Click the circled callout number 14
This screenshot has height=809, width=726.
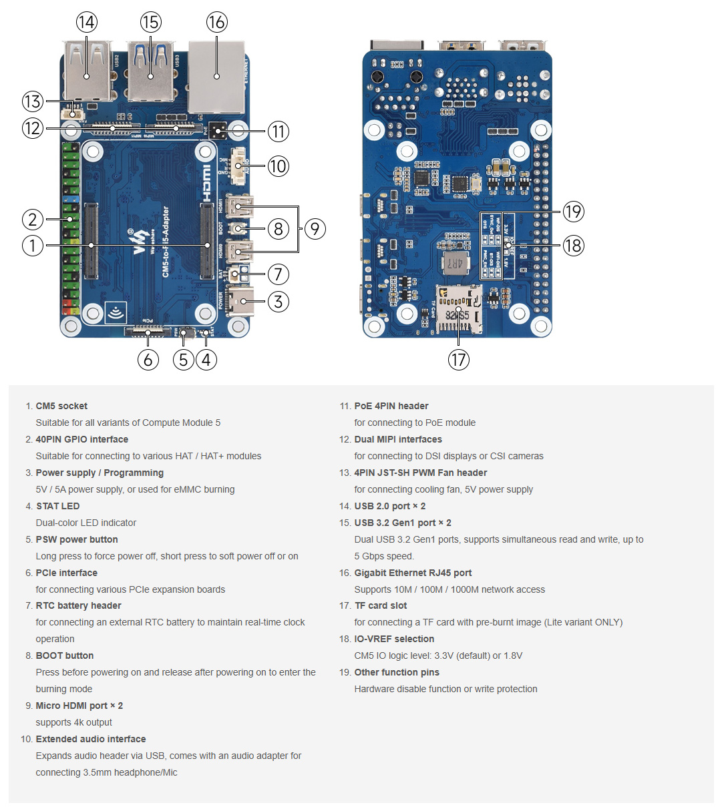pyautogui.click(x=86, y=23)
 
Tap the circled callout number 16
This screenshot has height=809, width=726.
pyautogui.click(x=216, y=23)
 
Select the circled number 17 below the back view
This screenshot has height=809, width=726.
pyautogui.click(x=458, y=360)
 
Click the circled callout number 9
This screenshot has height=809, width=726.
pyautogui.click(x=315, y=229)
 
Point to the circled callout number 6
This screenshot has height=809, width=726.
pyautogui.click(x=148, y=360)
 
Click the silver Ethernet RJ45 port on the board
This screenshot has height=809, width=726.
pyautogui.click(x=216, y=77)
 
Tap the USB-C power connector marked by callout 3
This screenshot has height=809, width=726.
pyautogui.click(x=239, y=302)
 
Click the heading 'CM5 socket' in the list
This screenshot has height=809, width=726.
pyautogui.click(x=61, y=406)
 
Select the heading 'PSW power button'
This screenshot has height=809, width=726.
pyautogui.click(x=77, y=539)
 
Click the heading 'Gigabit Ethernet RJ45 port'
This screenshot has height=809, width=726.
pyautogui.click(x=413, y=573)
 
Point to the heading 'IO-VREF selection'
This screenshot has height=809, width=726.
pyautogui.click(x=394, y=639)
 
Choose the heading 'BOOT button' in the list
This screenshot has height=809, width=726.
pyautogui.click(x=65, y=655)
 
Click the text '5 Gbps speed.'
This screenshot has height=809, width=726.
pyautogui.click(x=384, y=556)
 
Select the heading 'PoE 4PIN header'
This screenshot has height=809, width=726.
pyautogui.click(x=391, y=406)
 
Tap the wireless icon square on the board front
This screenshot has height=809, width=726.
pyautogui.click(x=116, y=312)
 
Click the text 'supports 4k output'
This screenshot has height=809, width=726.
pyautogui.click(x=74, y=722)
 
